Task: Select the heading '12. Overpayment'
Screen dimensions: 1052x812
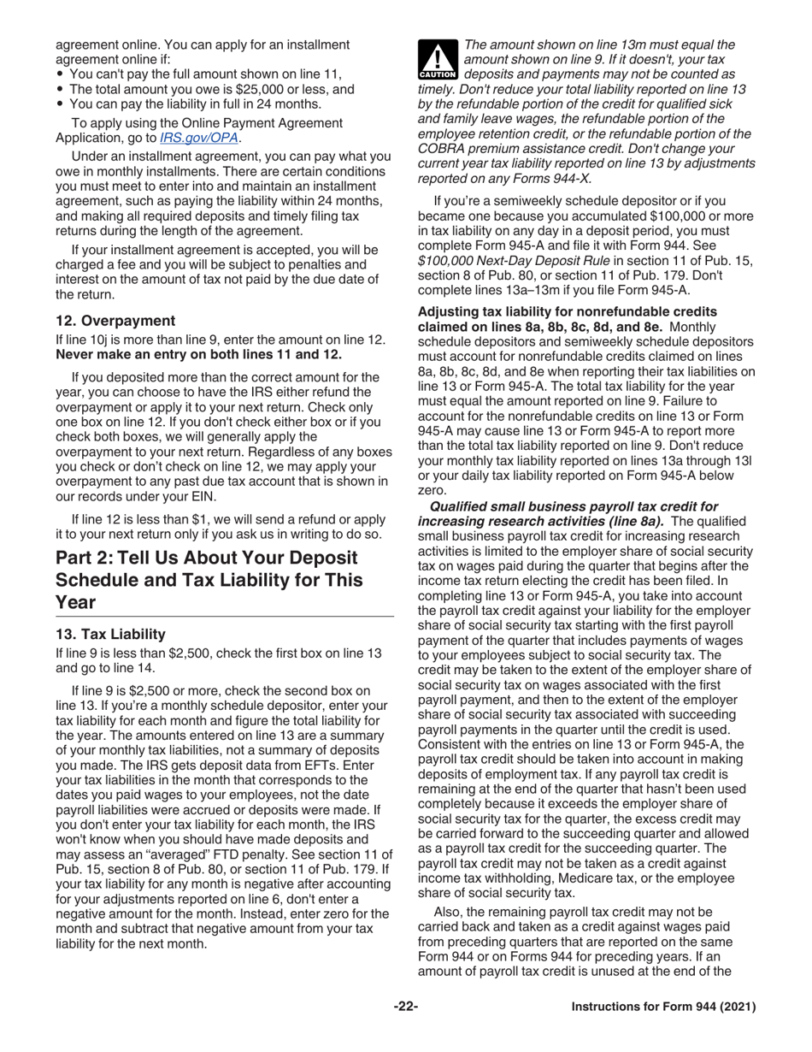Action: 115,321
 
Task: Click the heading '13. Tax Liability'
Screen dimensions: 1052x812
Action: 110,634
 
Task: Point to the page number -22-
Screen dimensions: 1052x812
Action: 405,1007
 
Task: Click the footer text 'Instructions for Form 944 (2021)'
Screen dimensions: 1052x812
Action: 662,1007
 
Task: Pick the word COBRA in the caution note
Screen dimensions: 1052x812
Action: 441,148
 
